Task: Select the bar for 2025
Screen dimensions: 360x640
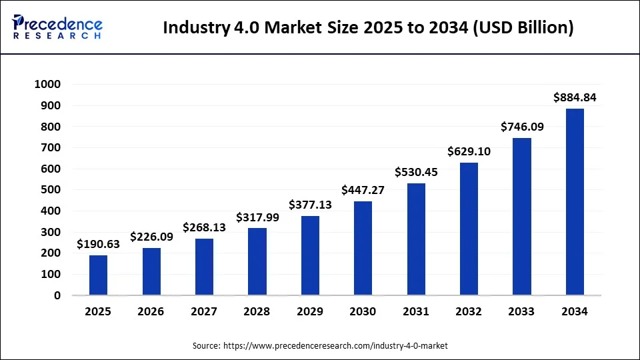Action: click(x=98, y=275)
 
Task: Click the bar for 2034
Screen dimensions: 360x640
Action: click(x=575, y=201)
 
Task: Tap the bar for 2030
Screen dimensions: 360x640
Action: click(x=363, y=248)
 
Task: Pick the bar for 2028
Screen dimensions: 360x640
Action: click(x=257, y=261)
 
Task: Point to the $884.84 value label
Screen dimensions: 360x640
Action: click(x=575, y=97)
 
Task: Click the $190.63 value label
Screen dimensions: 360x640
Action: click(x=98, y=244)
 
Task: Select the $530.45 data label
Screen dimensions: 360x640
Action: click(x=416, y=172)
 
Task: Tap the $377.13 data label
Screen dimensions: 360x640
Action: click(x=310, y=205)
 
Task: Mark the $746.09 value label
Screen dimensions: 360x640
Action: click(x=522, y=127)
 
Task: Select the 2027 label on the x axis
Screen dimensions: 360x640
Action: click(x=204, y=311)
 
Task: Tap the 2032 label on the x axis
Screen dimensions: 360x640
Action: click(x=469, y=311)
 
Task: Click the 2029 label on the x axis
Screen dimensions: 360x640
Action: click(x=310, y=311)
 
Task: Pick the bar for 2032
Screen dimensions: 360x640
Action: click(x=469, y=229)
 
